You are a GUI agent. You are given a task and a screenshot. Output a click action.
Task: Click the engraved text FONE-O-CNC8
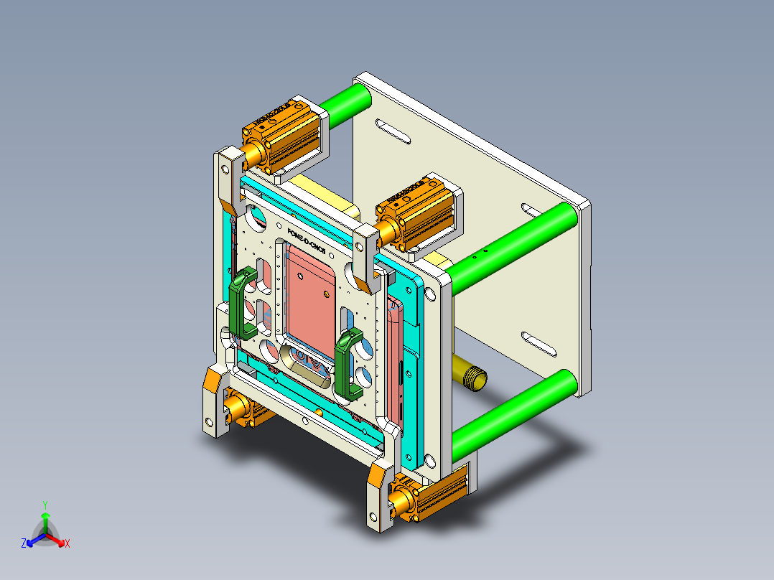[x=306, y=242]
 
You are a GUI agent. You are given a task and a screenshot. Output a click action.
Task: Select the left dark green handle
[x=243, y=304]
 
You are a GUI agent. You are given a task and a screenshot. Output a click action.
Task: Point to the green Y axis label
[x=45, y=505]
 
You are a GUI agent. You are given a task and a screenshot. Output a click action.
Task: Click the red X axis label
[x=67, y=544]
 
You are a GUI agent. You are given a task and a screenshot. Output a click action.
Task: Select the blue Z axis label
[x=24, y=544]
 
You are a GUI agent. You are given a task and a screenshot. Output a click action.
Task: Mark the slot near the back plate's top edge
[x=393, y=133]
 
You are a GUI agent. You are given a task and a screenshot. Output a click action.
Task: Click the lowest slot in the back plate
[x=539, y=345]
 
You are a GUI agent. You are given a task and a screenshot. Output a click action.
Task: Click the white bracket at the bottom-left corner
[x=215, y=402]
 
